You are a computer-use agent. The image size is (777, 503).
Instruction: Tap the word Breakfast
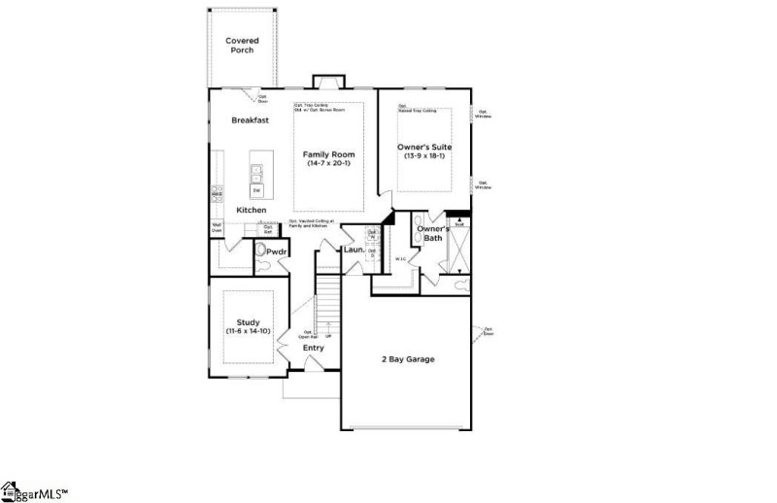[250, 120]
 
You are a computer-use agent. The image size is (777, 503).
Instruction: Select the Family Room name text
[328, 154]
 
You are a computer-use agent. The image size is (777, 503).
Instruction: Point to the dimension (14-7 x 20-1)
[328, 164]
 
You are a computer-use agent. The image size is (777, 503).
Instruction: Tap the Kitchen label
[252, 211]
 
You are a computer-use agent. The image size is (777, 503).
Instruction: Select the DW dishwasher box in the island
[257, 190]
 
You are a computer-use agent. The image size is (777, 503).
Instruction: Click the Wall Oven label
[217, 228]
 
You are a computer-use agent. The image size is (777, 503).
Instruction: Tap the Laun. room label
[354, 251]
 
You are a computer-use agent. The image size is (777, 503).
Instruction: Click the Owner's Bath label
[430, 233]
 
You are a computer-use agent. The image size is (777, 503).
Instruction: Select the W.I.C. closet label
[400, 258]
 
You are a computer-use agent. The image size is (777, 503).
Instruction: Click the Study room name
[249, 322]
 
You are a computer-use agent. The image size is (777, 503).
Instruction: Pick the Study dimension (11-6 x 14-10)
[249, 332]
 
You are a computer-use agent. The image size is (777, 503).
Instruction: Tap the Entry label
[313, 348]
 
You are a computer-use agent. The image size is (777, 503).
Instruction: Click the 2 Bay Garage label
[407, 359]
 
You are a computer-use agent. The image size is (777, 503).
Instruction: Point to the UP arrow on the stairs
[328, 336]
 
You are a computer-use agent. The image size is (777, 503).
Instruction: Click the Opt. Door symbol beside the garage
[477, 333]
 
